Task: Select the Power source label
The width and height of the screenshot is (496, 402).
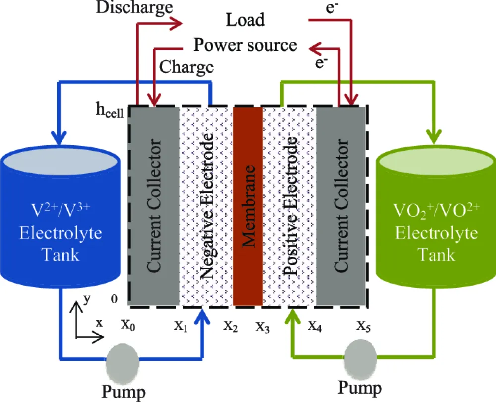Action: coord(245,45)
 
